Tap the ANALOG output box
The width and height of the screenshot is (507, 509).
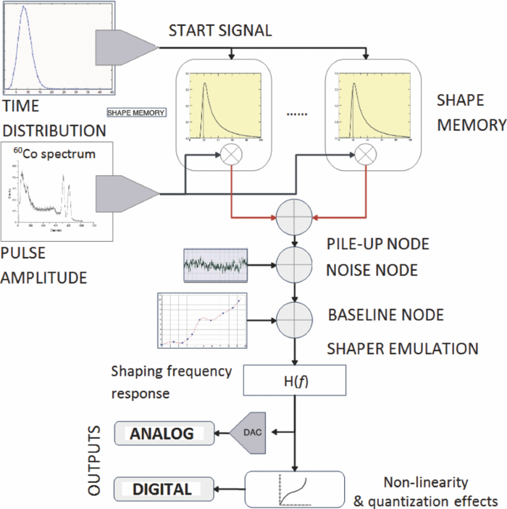click(164, 434)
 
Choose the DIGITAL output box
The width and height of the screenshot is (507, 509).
click(164, 489)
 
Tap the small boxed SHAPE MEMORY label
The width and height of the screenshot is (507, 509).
click(137, 112)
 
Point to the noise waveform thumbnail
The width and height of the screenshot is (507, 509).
click(214, 266)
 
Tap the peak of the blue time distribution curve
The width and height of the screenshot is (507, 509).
click(24, 8)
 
